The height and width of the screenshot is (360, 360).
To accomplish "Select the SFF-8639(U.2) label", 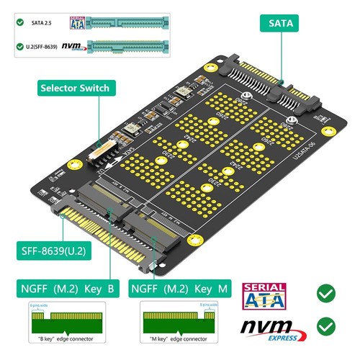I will tap(48, 252).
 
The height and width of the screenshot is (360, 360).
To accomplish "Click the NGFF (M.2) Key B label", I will tap(63, 289).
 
